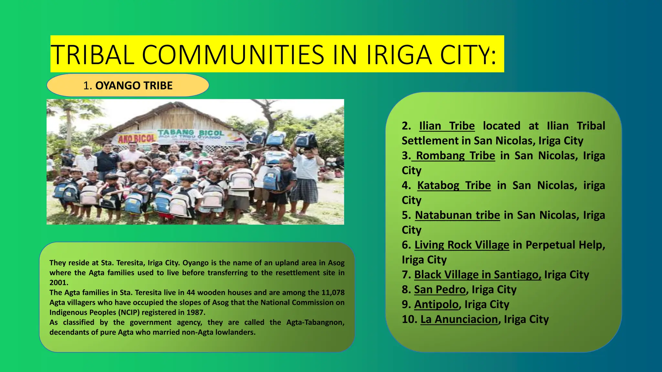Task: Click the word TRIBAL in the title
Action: [92, 55]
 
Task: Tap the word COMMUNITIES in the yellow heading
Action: [233, 55]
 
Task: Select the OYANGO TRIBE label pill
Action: [128, 86]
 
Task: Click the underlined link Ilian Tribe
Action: [447, 126]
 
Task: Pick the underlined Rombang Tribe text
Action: [455, 155]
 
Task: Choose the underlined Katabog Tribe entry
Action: [454, 185]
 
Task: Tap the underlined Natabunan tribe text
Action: [457, 215]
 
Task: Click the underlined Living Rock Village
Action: [462, 245]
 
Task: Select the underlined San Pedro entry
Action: [440, 289]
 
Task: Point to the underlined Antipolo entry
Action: [436, 304]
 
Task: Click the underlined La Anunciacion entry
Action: [459, 319]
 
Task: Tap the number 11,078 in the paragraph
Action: [333, 293]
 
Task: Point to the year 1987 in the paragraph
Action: [195, 313]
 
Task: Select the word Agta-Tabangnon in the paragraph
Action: [315, 322]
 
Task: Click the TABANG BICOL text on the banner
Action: [191, 133]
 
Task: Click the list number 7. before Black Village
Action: [406, 274]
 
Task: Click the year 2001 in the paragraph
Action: [59, 283]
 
